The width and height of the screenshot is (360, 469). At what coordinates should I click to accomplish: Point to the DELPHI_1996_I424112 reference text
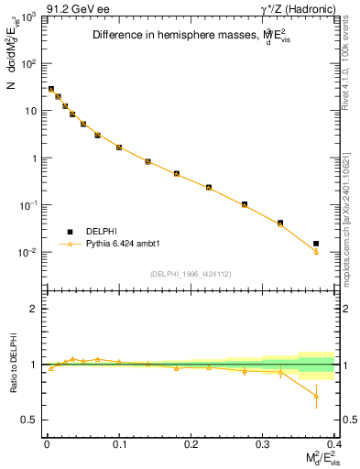[x=190, y=274]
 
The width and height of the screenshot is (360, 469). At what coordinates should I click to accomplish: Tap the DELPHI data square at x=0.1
[x=119, y=147]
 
